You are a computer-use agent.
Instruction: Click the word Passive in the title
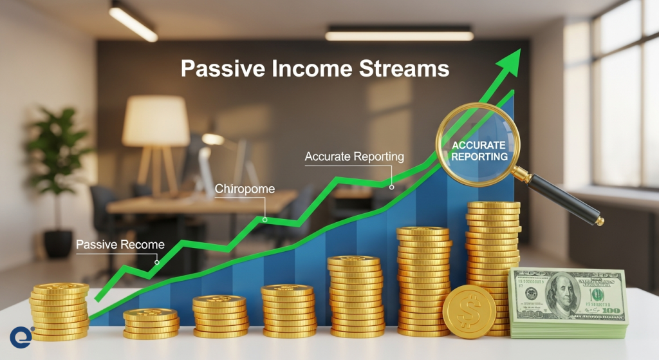click(x=223, y=68)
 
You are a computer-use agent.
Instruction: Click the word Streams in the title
click(x=404, y=68)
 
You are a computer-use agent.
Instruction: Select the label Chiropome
click(x=245, y=189)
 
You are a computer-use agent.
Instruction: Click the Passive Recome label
click(x=120, y=244)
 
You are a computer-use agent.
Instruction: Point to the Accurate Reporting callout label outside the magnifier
click(x=355, y=157)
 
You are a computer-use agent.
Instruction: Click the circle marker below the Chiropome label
click(x=265, y=220)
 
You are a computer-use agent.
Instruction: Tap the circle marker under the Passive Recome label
click(x=157, y=262)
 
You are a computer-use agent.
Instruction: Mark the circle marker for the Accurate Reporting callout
click(x=392, y=187)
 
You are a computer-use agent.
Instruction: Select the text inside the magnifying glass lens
click(x=479, y=151)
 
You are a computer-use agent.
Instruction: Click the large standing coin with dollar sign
click(x=469, y=312)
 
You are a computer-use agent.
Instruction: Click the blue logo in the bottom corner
click(x=21, y=337)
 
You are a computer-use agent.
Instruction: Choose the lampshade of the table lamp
click(x=156, y=120)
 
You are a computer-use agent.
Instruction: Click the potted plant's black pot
click(x=58, y=243)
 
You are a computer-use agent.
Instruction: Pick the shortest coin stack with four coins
click(x=151, y=323)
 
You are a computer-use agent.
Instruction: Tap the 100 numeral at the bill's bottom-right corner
click(x=611, y=310)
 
